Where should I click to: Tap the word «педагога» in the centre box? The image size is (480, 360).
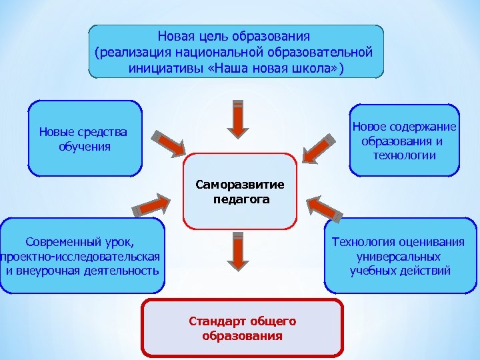pyautogui.click(x=241, y=199)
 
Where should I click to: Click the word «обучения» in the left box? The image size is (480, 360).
pyautogui.click(x=84, y=146)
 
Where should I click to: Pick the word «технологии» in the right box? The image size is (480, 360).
pyautogui.click(x=404, y=155)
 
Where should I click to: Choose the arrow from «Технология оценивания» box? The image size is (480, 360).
pyautogui.click(x=326, y=207)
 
